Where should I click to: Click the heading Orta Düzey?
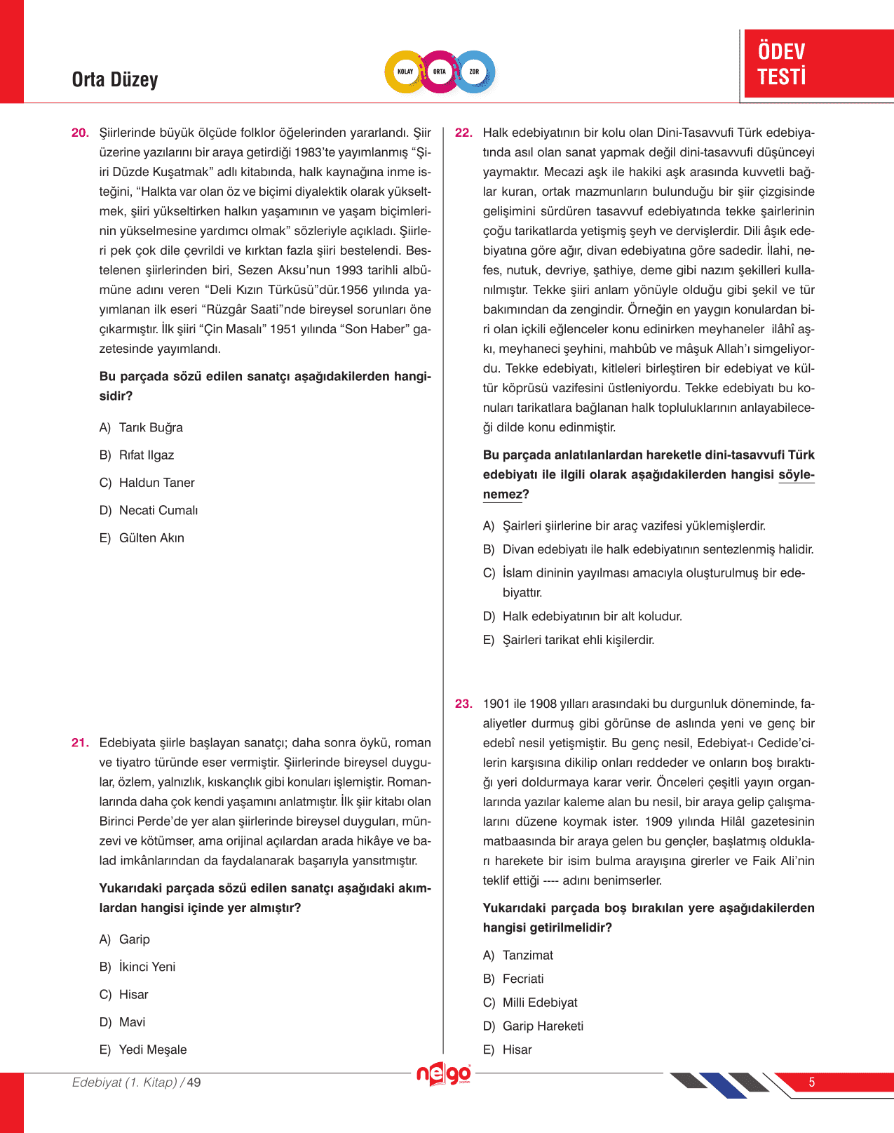pyautogui.click(x=115, y=80)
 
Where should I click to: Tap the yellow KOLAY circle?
pyautogui.click(x=405, y=72)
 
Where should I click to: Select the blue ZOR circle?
pyautogui.click(x=475, y=72)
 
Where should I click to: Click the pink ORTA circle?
pyautogui.click(x=440, y=72)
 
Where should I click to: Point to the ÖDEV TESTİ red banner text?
pyautogui.click(x=782, y=64)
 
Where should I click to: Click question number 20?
pyautogui.click(x=80, y=133)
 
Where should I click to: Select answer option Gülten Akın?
pyautogui.click(x=151, y=538)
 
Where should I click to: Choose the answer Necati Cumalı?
pyautogui.click(x=158, y=511)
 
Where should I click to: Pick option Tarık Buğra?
pyautogui.click(x=151, y=428)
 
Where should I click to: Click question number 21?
pyautogui.click(x=80, y=743)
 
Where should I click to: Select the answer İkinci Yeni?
pyautogui.click(x=147, y=967)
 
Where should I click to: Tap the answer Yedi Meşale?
pyautogui.click(x=153, y=1050)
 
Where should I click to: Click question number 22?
pyautogui.click(x=463, y=133)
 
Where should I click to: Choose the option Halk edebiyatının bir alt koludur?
pyautogui.click(x=592, y=617)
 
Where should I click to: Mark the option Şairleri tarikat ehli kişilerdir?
pyautogui.click(x=578, y=640)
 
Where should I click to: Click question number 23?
pyautogui.click(x=463, y=704)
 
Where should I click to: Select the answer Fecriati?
pyautogui.click(x=523, y=979)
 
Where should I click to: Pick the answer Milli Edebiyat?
pyautogui.click(x=540, y=1003)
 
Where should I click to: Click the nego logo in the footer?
pyautogui.click(x=444, y=1074)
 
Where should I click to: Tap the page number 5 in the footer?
pyautogui.click(x=812, y=1082)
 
